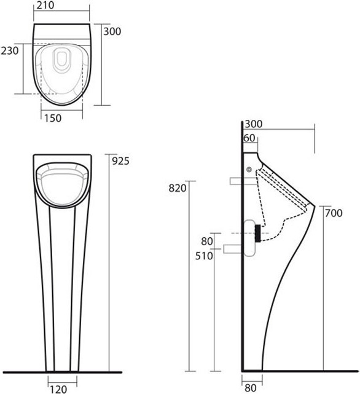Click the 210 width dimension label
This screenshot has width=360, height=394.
[45, 6]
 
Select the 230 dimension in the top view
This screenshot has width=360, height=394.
[10, 51]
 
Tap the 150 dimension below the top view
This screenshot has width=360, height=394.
[53, 118]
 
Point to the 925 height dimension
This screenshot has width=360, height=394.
[120, 161]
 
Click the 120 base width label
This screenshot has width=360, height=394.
[58, 389]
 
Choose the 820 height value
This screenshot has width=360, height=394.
[178, 188]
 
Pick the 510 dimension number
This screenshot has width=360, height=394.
[204, 256]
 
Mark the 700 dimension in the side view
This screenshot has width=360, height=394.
[334, 213]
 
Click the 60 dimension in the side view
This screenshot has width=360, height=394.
[249, 138]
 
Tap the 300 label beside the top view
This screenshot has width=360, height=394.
[112, 31]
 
